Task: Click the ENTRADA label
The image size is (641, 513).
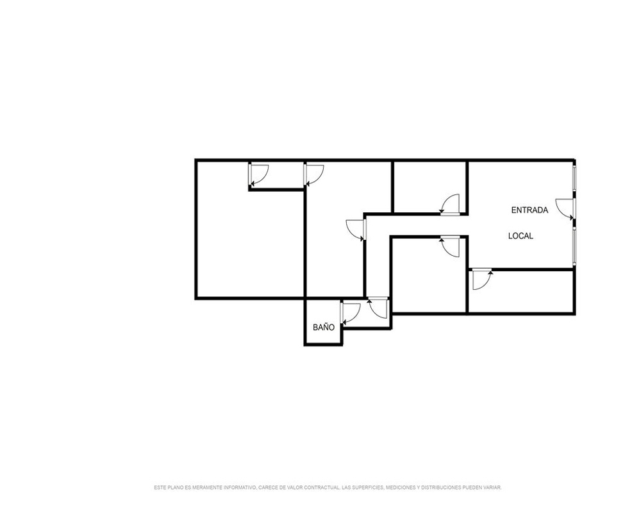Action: (529, 210)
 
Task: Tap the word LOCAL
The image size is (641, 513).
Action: (520, 236)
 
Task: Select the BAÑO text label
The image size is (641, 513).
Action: (323, 327)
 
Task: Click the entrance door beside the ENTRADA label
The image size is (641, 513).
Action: (565, 209)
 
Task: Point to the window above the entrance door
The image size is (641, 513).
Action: (574, 178)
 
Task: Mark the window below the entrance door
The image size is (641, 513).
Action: (574, 246)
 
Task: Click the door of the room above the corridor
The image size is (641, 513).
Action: (450, 204)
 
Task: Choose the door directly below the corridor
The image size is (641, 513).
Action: (450, 247)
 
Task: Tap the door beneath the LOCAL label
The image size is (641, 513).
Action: (482, 280)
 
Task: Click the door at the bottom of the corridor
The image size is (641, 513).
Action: (378, 308)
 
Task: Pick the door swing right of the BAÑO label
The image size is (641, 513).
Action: (351, 314)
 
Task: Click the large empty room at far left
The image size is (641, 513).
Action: (250, 243)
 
